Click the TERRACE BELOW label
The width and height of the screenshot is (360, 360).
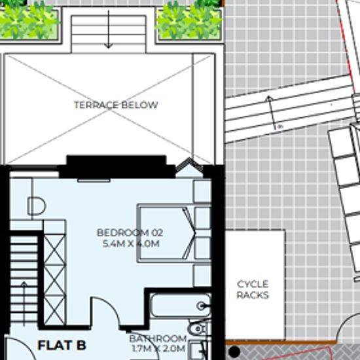pos(116,105)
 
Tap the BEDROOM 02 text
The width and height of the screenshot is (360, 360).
pos(130,233)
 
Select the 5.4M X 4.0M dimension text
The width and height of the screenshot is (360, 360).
pos(131,243)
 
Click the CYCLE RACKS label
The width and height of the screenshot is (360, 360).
pos(253,289)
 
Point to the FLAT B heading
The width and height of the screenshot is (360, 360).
pos(62,346)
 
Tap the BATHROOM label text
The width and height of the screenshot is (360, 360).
pos(158,338)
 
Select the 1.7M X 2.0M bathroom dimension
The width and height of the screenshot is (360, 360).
pos(158,348)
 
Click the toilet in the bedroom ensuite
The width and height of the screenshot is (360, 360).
pos(37,206)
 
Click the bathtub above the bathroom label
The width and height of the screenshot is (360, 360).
pos(181,306)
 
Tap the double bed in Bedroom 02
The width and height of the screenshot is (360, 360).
pos(174,233)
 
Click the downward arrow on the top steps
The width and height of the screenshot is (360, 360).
pos(109,29)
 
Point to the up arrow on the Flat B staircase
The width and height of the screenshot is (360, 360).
pos(24,303)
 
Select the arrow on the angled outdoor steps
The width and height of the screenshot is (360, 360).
pos(272,113)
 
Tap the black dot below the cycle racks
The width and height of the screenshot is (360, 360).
pos(234,351)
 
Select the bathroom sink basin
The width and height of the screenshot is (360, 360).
pos(198,329)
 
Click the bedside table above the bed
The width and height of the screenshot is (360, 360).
pos(202,191)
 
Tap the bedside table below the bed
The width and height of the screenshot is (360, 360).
pos(202,276)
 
